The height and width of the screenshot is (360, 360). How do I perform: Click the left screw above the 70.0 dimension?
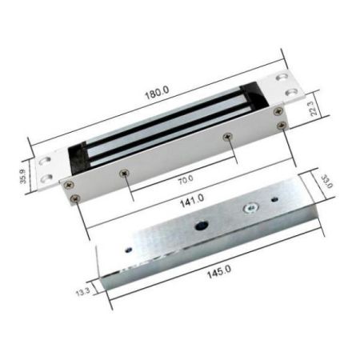click(x=123, y=172)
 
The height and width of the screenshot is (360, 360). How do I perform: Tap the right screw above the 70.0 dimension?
click(x=228, y=138)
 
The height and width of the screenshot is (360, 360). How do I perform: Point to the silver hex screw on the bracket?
click(x=251, y=210)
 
